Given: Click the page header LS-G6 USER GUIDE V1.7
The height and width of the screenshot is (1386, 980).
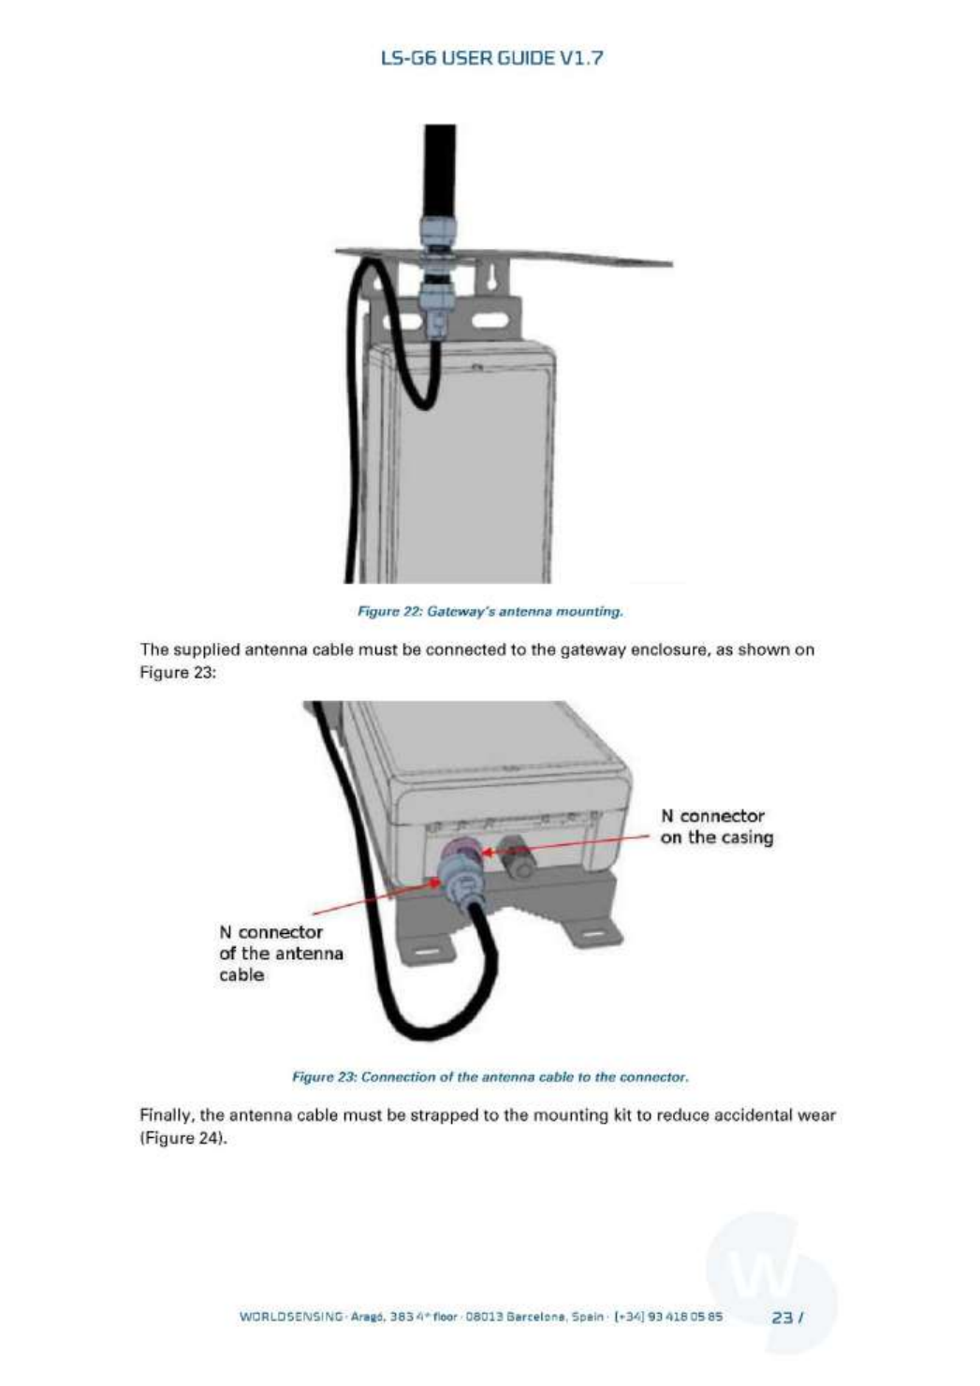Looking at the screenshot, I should pyautogui.click(x=491, y=58).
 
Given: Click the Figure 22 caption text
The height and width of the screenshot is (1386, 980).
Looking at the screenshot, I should pyautogui.click(x=491, y=611).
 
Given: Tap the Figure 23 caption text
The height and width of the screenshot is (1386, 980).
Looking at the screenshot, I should pyautogui.click(x=491, y=1076).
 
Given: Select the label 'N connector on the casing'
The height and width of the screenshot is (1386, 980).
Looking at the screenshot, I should pyautogui.click(x=716, y=826).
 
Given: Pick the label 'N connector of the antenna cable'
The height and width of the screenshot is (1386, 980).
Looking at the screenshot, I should pyautogui.click(x=280, y=953).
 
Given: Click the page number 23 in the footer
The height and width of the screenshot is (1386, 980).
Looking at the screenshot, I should pyautogui.click(x=783, y=1317).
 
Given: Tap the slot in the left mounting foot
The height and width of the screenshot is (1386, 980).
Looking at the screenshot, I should pyautogui.click(x=427, y=951).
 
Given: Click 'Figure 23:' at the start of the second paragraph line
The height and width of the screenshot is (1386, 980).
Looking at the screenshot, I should pyautogui.click(x=178, y=672).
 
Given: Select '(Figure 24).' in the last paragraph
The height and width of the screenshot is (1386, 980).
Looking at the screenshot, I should pyautogui.click(x=183, y=1139).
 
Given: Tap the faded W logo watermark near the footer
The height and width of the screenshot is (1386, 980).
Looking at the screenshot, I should pyautogui.click(x=770, y=1277).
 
